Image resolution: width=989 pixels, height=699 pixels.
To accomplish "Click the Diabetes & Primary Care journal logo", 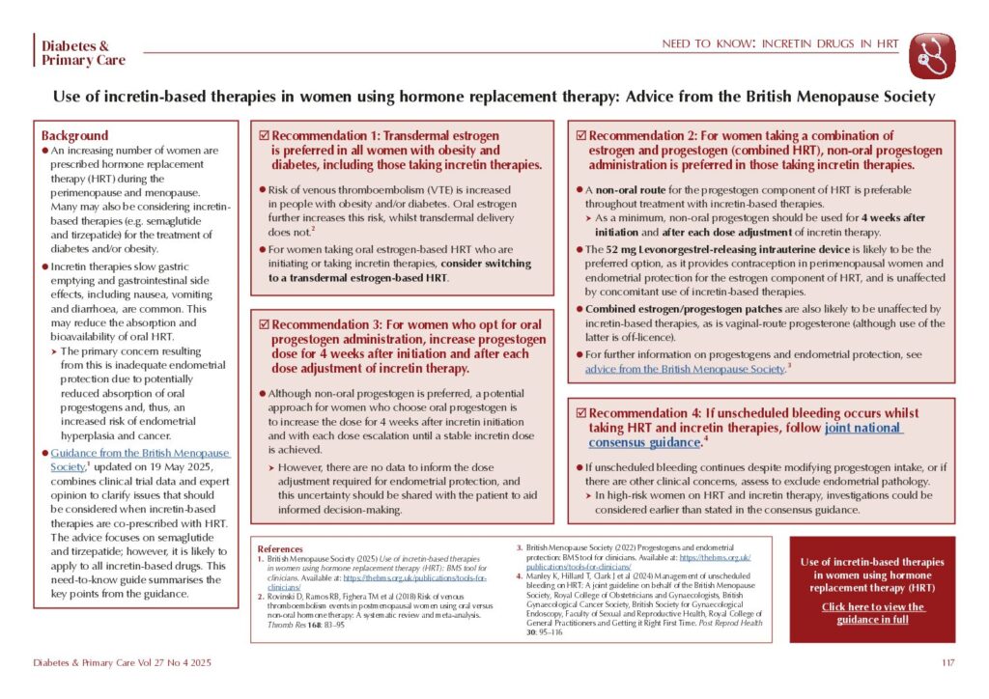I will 75,53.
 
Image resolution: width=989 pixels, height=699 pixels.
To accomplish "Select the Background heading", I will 75,135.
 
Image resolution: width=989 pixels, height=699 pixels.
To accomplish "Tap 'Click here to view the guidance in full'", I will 872,613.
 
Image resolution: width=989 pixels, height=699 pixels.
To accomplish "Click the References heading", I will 280,547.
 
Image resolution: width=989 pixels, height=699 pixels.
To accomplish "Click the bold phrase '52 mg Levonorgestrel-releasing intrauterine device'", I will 724,248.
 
